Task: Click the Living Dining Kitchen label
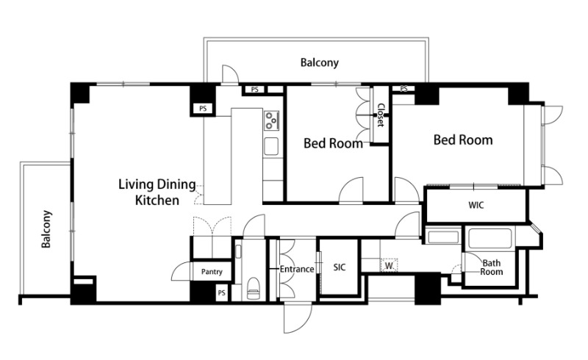pos(157,192)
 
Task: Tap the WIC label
pos(476,205)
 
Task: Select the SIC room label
pos(340,267)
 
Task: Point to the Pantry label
pos(212,272)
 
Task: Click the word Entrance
pos(297,269)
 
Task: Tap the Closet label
pos(381,115)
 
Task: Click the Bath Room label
pos(491,267)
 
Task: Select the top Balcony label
pos(319,62)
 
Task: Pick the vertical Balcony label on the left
pos(46,229)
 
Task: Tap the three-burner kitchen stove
pos(271,120)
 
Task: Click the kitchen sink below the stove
pos(270,146)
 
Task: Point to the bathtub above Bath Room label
pos(490,239)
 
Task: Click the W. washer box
pos(390,265)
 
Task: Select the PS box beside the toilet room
pos(221,292)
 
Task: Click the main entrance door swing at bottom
pos(298,318)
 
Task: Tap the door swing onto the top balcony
pos(230,74)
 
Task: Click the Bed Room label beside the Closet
pos(333,143)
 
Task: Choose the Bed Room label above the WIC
pos(463,140)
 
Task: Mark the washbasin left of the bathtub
pos(443,237)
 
